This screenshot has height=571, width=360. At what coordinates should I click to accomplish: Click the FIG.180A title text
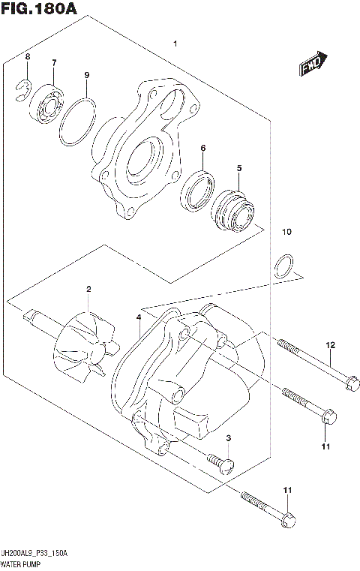click(x=38, y=9)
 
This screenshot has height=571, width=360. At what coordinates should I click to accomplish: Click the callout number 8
click(x=28, y=57)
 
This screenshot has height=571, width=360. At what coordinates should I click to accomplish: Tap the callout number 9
click(x=87, y=75)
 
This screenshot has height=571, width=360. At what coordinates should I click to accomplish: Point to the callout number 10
click(x=285, y=232)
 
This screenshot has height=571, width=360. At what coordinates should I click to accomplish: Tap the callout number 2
click(x=88, y=289)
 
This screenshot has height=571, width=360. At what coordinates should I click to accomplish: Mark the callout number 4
click(x=139, y=318)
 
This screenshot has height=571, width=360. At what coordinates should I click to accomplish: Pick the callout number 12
click(x=328, y=345)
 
